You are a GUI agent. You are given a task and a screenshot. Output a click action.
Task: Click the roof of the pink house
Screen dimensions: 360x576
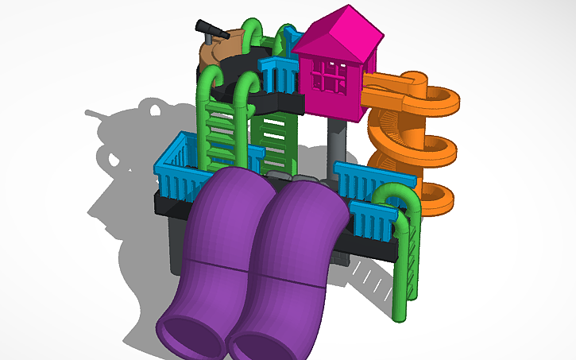338,30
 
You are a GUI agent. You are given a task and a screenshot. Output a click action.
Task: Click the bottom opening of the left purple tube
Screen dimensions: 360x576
191,335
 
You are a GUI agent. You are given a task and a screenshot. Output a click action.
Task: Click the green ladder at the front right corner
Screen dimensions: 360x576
406,262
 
